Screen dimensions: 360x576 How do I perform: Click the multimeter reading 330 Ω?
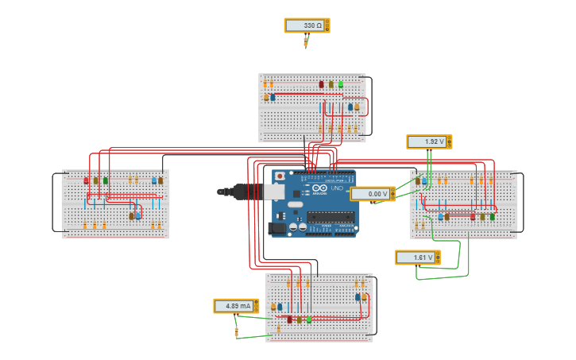(x=307, y=25)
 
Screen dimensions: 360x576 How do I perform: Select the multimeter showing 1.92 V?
(x=429, y=141)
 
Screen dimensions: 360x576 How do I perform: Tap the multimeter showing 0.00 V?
(x=372, y=194)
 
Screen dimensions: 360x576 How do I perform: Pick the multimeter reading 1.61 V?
(x=418, y=257)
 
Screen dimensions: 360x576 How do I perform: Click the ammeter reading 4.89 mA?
(x=236, y=306)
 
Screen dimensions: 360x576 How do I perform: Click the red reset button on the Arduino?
(x=280, y=176)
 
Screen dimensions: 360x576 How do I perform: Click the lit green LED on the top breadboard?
(x=341, y=83)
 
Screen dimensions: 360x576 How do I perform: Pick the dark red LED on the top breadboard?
(x=322, y=84)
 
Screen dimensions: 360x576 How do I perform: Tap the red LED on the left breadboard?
(x=87, y=180)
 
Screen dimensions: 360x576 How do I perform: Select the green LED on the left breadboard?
(x=106, y=180)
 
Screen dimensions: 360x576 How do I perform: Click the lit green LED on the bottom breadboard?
(x=309, y=319)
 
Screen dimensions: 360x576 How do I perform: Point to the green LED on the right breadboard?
(x=492, y=216)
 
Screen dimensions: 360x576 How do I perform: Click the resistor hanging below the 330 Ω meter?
(x=306, y=41)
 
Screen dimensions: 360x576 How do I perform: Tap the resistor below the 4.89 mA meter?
(x=236, y=331)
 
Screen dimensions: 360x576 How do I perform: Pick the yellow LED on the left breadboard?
(x=96, y=180)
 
